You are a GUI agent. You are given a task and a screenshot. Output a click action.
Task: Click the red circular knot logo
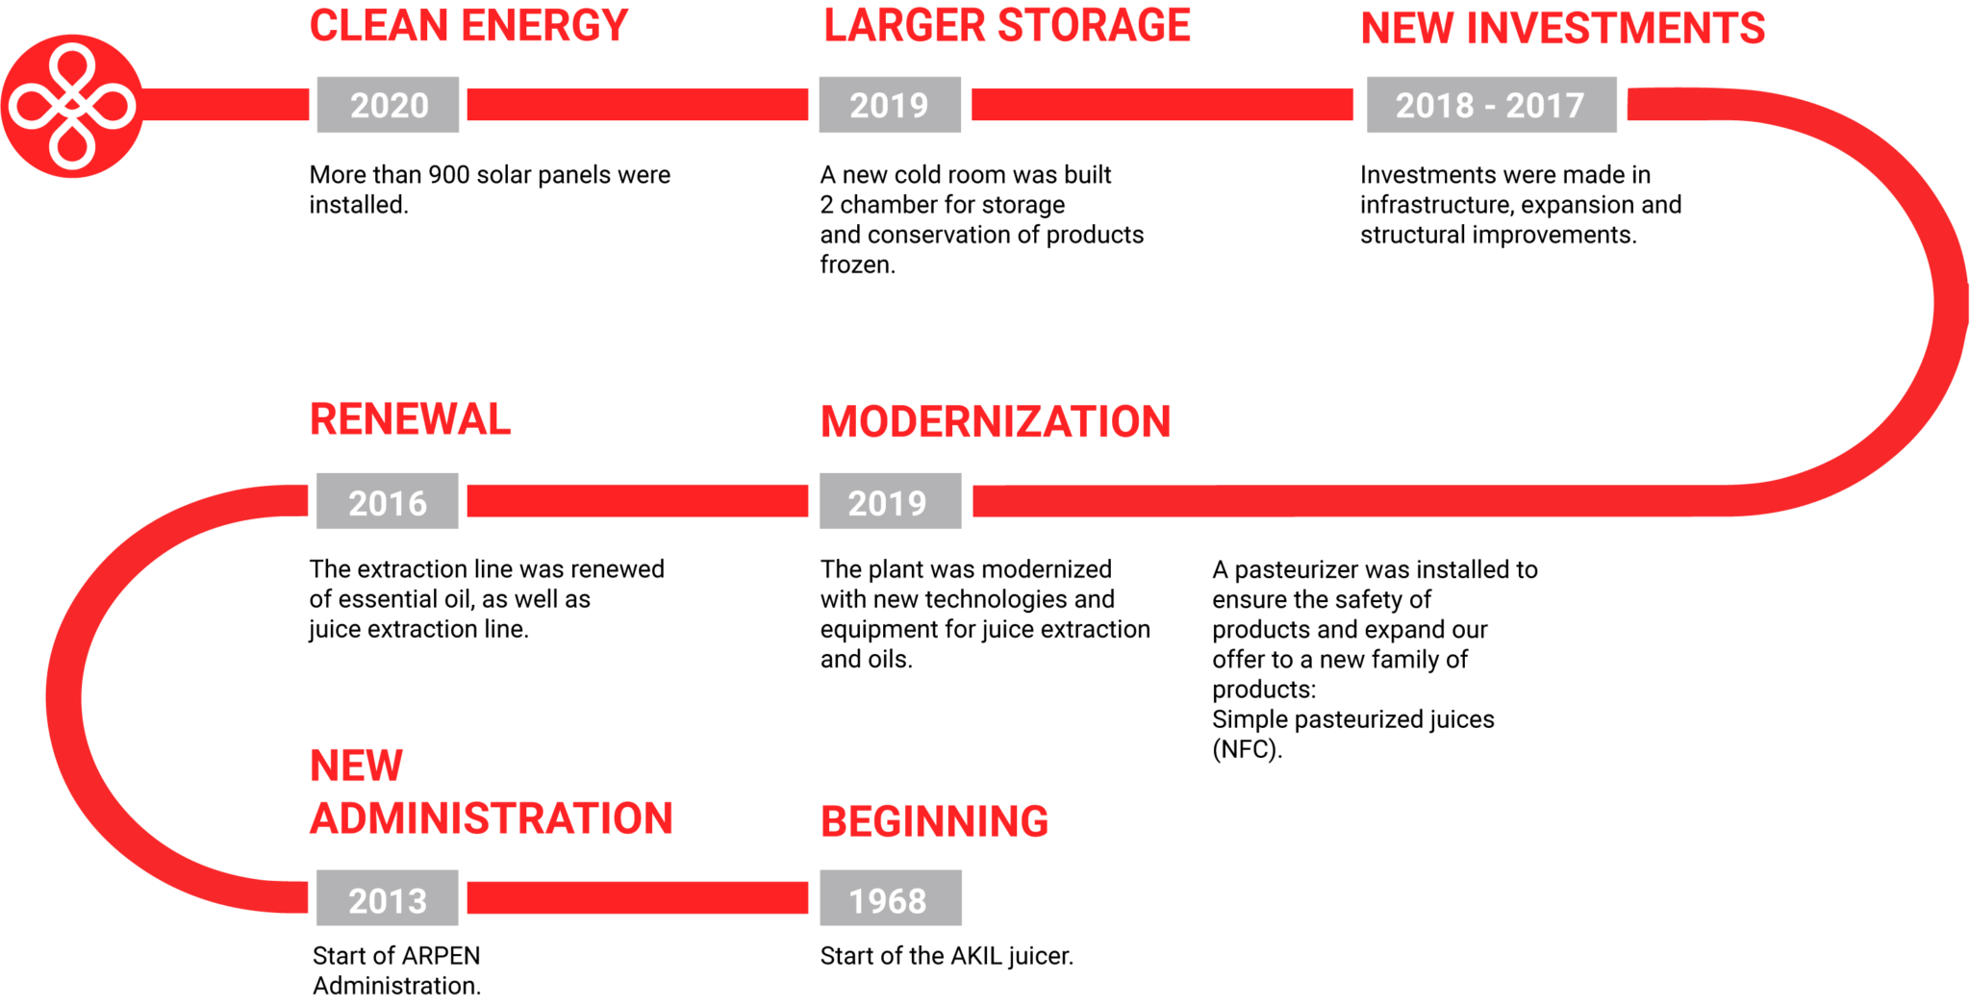(72, 106)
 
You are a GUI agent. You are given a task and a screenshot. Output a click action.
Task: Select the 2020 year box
(388, 105)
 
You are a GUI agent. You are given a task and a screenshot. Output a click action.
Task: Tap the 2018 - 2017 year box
(1490, 105)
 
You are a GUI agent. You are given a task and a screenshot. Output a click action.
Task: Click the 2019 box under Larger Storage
(889, 105)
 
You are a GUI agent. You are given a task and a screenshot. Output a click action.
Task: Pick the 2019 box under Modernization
(889, 501)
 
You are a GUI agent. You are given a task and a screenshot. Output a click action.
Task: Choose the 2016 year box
(387, 501)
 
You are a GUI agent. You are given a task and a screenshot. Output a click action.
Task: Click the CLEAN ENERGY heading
(468, 26)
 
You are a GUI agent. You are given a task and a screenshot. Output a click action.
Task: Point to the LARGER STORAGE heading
(1006, 26)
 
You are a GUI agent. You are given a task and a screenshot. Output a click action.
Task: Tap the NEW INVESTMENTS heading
(1562, 29)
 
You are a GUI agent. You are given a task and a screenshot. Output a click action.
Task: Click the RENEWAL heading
(410, 420)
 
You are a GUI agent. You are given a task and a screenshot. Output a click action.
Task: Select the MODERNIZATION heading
(995, 422)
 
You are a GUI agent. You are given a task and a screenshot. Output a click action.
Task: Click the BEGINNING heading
(934, 822)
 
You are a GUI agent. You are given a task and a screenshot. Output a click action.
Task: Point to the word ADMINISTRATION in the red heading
(491, 819)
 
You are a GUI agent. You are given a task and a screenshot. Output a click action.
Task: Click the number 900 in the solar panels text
(448, 175)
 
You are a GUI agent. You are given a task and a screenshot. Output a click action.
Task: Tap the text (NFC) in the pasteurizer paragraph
(1247, 749)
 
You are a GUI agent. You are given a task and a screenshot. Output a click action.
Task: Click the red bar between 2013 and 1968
(637, 898)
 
